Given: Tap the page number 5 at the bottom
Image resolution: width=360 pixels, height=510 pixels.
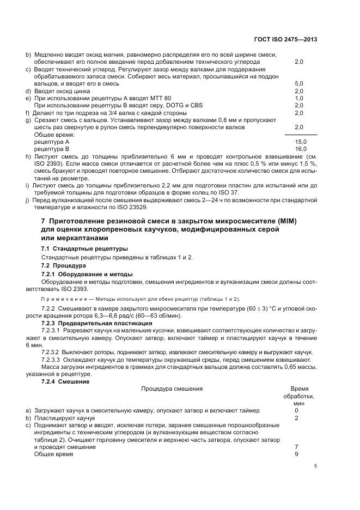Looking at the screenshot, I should coord(315,466).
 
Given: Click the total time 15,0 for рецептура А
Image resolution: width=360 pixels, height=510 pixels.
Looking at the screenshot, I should coord(301,141).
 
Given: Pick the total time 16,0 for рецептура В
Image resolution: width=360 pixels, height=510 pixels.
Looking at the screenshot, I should coord(301,148).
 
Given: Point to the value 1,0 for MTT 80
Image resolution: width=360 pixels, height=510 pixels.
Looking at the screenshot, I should coord(298,98).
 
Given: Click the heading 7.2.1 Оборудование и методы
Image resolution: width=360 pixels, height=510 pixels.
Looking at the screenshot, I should coord(87,274).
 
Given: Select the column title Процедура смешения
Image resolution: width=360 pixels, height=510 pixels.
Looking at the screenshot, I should coord(172,389).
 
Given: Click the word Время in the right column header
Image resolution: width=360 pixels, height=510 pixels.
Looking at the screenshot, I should coord(299,389).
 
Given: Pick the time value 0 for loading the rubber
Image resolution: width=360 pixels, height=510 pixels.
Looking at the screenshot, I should coord(296,410).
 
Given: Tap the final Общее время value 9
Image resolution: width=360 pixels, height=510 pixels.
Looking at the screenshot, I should coord(296,454).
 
